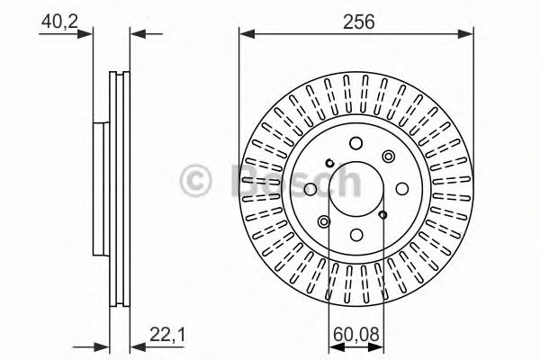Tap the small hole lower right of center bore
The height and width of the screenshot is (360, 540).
point(382,214)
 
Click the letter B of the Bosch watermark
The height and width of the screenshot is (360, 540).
point(241,180)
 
